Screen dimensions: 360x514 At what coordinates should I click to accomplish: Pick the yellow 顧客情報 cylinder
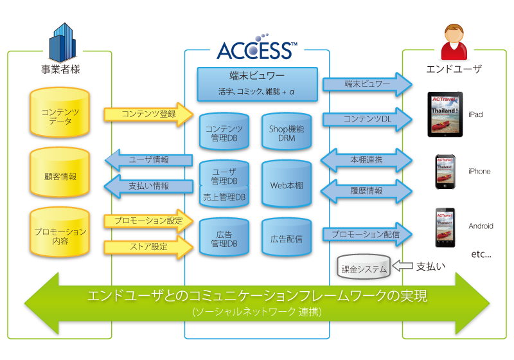(x=60, y=175)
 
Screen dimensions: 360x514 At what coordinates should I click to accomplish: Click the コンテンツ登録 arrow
(x=148, y=114)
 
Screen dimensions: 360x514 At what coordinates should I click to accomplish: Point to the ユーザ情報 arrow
(x=148, y=159)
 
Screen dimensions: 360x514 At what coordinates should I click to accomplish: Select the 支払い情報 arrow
(x=148, y=186)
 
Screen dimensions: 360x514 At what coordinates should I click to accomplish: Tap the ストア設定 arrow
(x=148, y=246)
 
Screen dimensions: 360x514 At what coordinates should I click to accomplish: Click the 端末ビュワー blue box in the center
(x=257, y=84)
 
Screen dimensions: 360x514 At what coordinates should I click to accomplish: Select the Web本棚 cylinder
(x=287, y=185)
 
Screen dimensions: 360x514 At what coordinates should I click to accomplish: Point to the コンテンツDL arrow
(x=367, y=119)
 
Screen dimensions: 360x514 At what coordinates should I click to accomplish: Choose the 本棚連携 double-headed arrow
(x=367, y=159)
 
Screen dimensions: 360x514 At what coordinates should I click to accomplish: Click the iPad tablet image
(x=445, y=114)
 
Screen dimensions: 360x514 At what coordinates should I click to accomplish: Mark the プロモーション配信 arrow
(x=367, y=235)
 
